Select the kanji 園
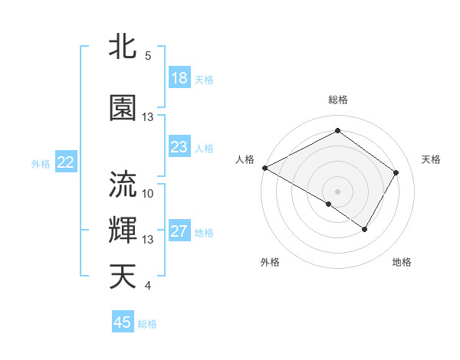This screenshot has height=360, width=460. [x=123, y=108]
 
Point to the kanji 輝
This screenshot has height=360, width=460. [x=123, y=229]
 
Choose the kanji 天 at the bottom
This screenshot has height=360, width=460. [x=123, y=276]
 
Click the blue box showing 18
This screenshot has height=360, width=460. [x=179, y=78]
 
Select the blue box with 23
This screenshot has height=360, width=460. [x=179, y=148]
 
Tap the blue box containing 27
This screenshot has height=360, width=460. [x=179, y=232]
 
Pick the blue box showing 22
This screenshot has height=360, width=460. [x=66, y=162]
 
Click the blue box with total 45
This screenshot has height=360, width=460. [x=123, y=322]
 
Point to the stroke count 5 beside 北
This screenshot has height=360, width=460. [x=148, y=56]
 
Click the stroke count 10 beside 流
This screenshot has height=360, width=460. [x=148, y=193]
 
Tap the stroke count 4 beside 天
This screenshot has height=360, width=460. [x=148, y=286]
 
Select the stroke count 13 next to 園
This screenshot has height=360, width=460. [x=148, y=117]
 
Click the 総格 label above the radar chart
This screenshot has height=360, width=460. [x=337, y=100]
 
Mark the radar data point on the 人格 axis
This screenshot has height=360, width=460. [x=264, y=168]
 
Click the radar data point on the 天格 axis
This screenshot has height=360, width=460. [x=396, y=172]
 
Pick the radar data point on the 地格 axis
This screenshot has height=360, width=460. [x=365, y=229]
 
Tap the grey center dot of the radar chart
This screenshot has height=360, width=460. [x=337, y=191]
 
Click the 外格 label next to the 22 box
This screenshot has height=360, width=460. [x=41, y=163]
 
